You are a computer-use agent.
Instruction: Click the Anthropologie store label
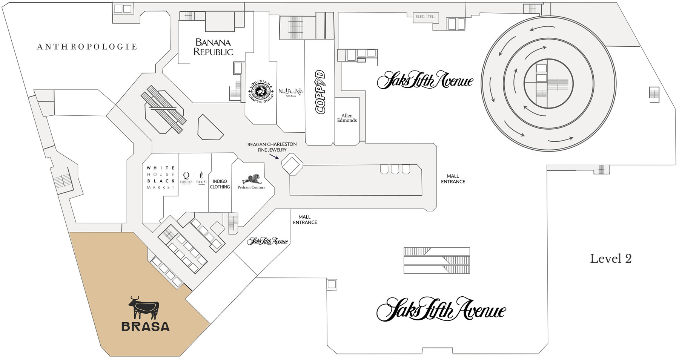pos(87,47)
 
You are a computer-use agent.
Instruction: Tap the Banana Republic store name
pos(213,47)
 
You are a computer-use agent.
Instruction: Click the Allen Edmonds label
pos(347,118)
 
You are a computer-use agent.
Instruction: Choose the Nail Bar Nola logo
pos(291,92)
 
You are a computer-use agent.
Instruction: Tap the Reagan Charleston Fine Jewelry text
pos(272,147)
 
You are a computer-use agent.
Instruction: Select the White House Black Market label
pos(161,178)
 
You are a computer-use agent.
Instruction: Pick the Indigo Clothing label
pos(220,184)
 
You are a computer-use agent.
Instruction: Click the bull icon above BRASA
pos(144,308)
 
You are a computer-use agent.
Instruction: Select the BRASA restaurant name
pos(146,326)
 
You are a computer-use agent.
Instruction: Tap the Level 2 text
pos(611,259)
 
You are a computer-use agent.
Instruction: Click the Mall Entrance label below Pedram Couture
pos(305,220)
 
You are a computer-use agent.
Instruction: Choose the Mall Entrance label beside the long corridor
pos(453,179)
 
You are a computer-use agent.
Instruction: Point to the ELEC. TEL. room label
pos(426,17)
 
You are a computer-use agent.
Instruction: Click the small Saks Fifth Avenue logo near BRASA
pos(267,241)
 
